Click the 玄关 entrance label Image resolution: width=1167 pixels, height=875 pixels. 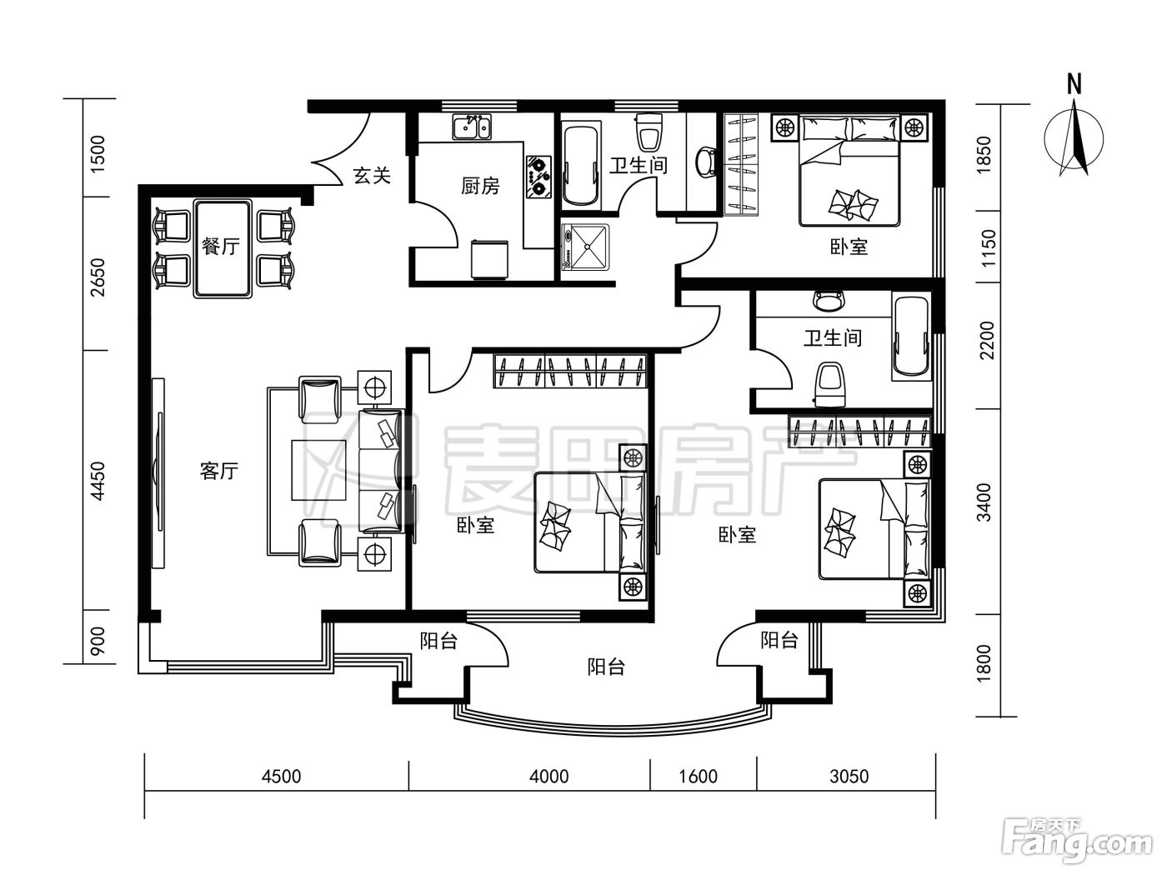(x=372, y=175)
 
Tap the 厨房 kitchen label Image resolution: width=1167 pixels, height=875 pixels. (x=480, y=186)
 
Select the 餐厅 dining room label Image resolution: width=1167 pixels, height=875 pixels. (x=221, y=246)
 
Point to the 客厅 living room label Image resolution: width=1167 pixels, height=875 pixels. (x=219, y=471)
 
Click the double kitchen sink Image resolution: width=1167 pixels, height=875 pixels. (x=472, y=127)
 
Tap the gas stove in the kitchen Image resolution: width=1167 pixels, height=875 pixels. (x=539, y=177)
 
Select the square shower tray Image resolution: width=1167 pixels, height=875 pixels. (x=586, y=247)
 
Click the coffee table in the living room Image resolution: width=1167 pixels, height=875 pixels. (x=319, y=470)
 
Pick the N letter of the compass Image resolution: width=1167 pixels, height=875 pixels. (x=1074, y=84)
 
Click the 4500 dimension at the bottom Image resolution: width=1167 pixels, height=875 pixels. (x=281, y=777)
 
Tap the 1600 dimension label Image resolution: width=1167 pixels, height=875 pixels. (x=698, y=777)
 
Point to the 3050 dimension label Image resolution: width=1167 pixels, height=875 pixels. (x=849, y=777)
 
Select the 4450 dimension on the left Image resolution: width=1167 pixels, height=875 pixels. (x=98, y=482)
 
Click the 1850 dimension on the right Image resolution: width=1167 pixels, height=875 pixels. (x=984, y=155)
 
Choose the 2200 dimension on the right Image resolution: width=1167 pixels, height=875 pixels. (x=987, y=341)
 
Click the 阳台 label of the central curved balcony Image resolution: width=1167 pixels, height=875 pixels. (x=606, y=667)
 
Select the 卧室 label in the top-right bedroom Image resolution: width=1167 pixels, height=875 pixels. (x=849, y=246)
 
